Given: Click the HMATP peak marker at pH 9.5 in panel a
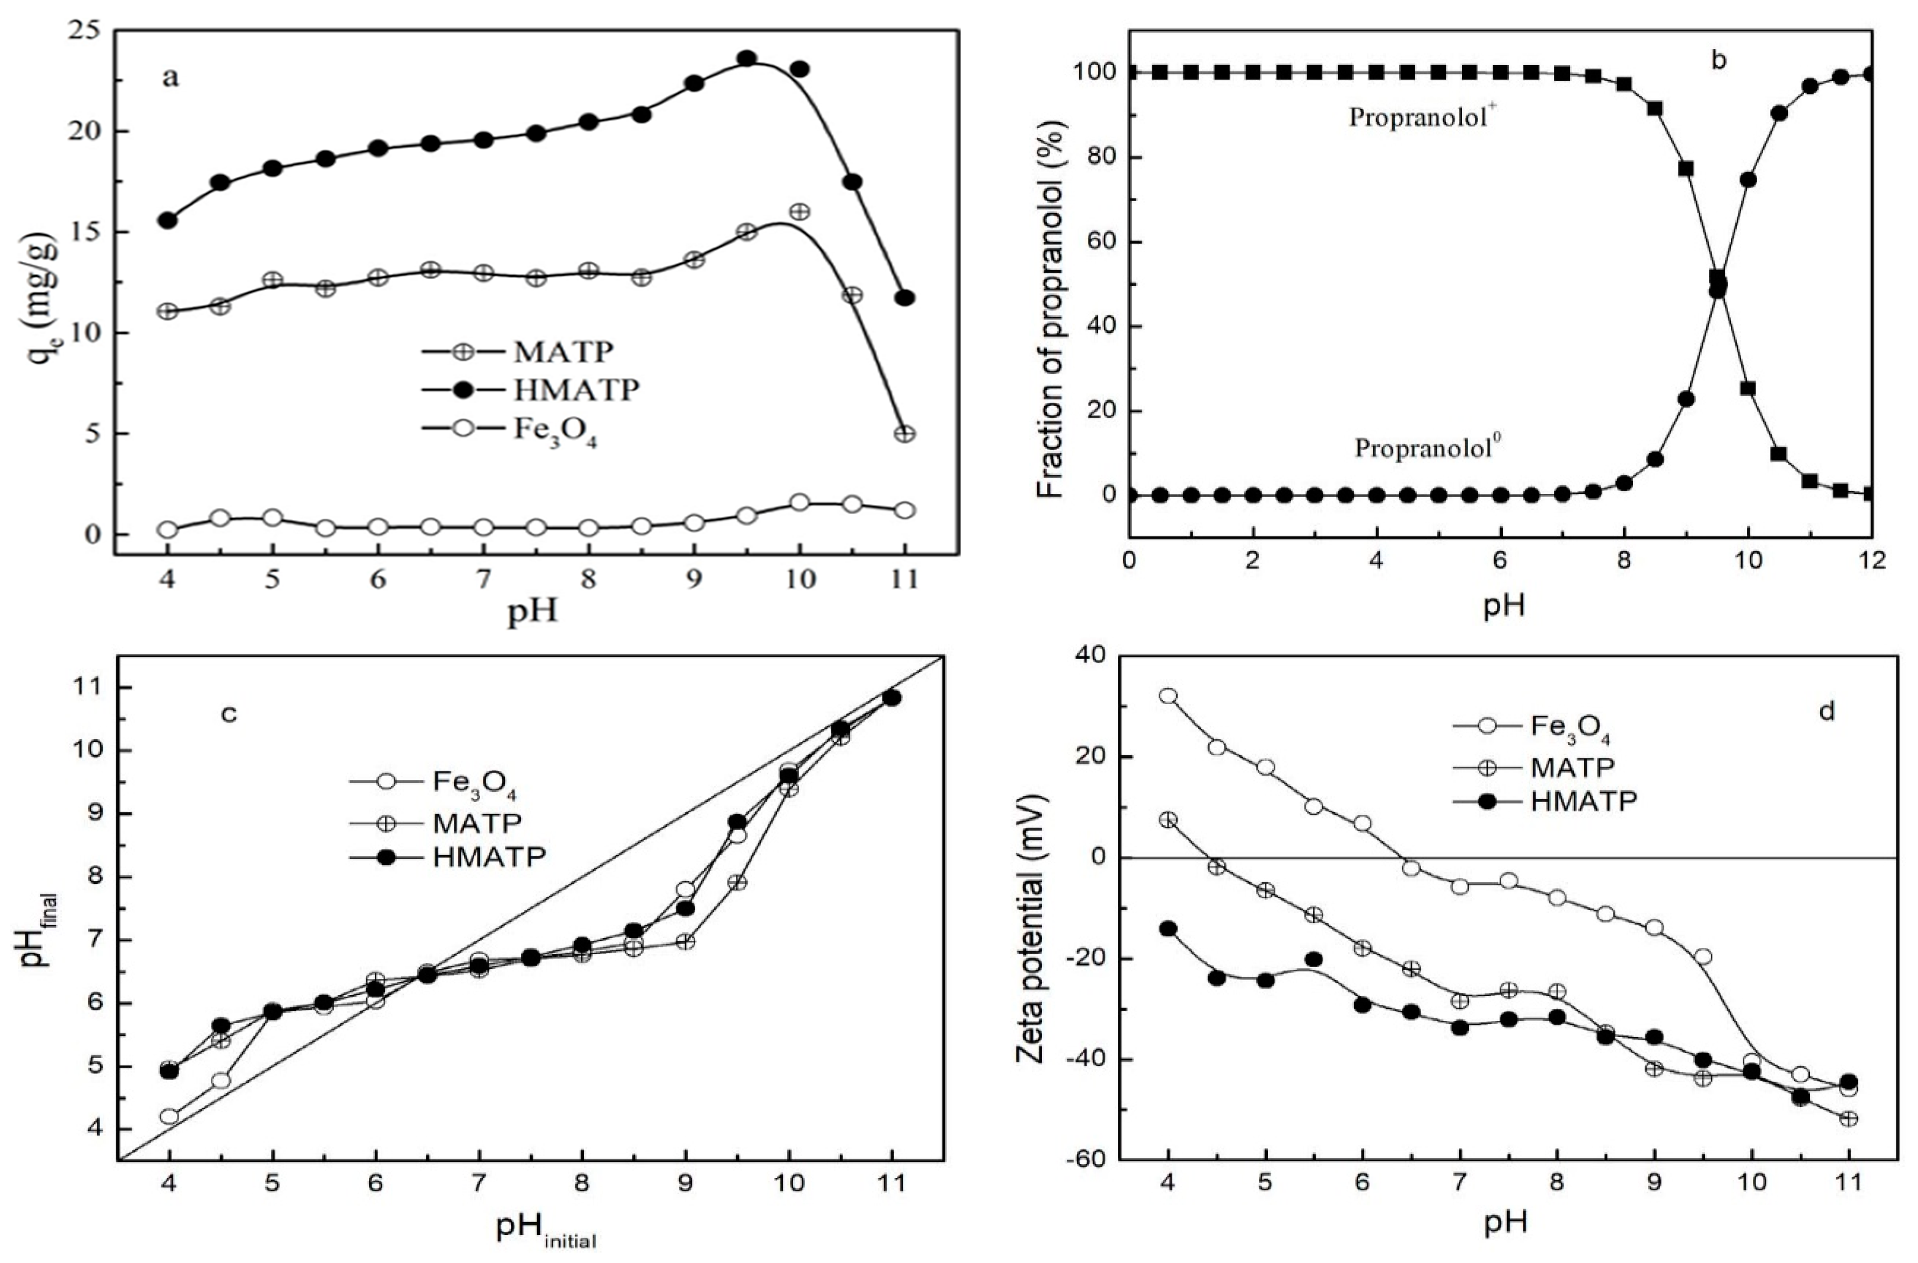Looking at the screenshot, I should tap(747, 58).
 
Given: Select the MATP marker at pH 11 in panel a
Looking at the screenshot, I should tap(905, 434).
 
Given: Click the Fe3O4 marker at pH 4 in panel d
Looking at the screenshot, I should tap(1168, 696).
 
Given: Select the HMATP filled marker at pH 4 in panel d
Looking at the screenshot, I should tap(1168, 928).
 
